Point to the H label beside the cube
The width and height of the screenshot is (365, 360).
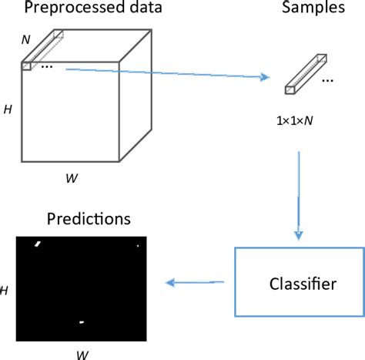(8, 110)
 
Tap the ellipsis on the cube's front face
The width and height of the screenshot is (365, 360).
(45, 67)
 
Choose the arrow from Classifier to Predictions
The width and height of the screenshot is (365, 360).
(196, 282)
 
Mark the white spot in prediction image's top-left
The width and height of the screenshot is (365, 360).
(38, 245)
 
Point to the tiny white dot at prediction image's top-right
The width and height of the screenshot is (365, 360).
(137, 246)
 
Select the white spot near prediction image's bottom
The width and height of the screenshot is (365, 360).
(81, 321)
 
